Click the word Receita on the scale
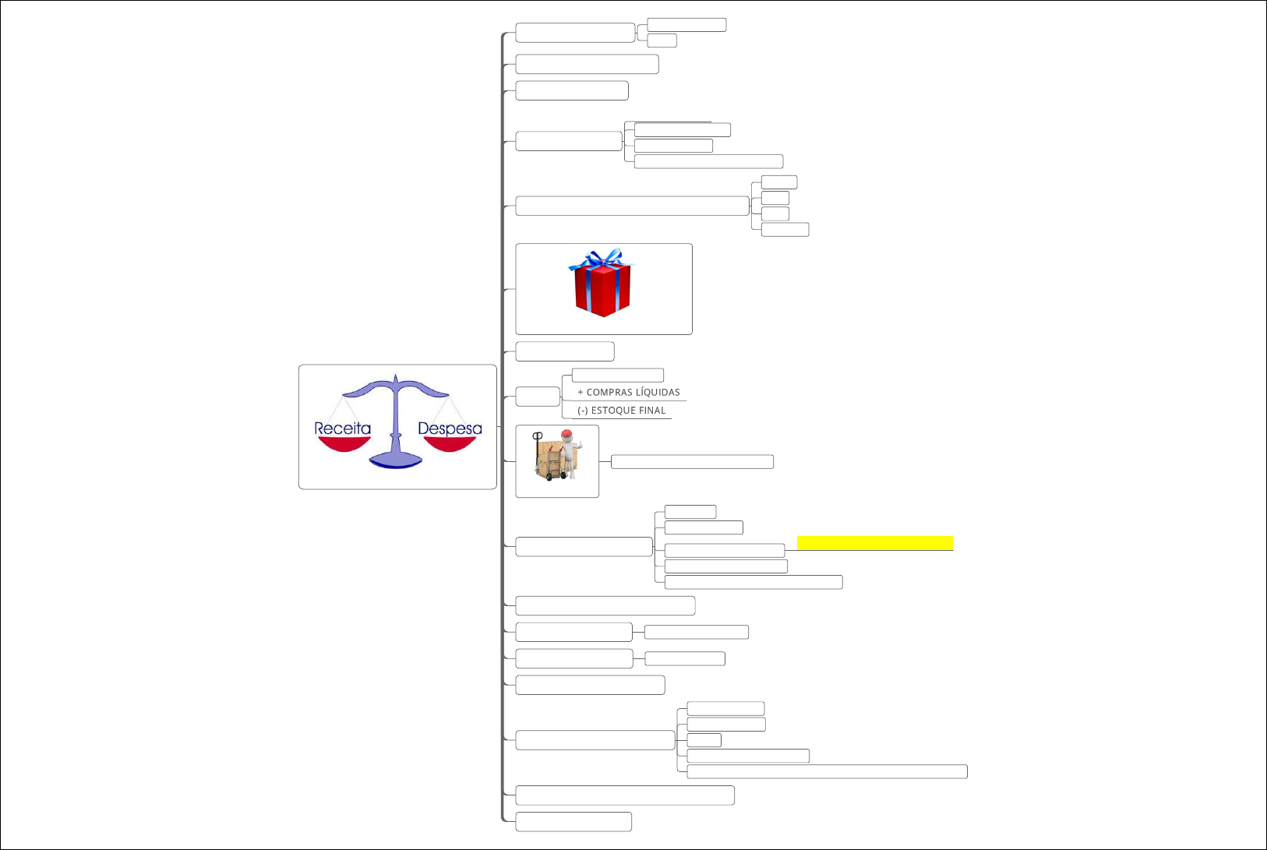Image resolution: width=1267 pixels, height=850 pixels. (x=342, y=429)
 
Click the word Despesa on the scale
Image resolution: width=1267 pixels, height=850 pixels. (x=450, y=429)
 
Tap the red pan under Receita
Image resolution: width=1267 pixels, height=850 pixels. (x=344, y=443)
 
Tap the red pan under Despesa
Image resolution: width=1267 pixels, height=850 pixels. (x=449, y=443)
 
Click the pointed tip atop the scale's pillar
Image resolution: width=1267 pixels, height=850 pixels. (x=396, y=376)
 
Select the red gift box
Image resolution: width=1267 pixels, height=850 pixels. (x=602, y=290)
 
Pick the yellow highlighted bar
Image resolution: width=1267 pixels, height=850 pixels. (x=874, y=543)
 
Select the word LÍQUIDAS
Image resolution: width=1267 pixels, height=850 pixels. (x=658, y=393)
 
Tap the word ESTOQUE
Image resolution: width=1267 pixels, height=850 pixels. (x=613, y=411)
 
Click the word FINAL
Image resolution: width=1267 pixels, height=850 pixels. (x=652, y=411)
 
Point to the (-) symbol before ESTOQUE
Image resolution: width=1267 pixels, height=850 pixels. (x=582, y=411)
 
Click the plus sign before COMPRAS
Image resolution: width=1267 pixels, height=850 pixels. (x=581, y=393)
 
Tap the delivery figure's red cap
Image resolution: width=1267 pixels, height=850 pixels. (x=566, y=435)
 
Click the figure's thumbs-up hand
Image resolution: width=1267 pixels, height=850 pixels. (x=580, y=444)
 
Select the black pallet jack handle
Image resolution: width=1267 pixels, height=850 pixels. (x=538, y=437)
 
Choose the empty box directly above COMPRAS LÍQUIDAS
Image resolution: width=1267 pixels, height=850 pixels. (x=617, y=376)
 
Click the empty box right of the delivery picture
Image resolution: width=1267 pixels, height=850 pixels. (x=692, y=462)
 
